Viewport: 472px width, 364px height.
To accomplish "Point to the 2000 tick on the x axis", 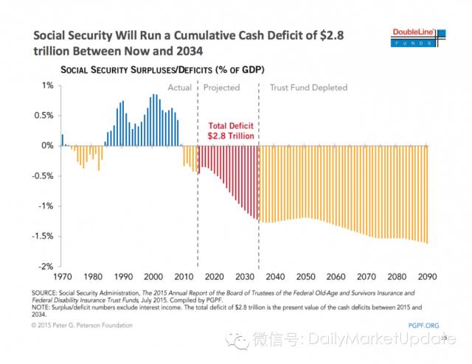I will click(153, 276).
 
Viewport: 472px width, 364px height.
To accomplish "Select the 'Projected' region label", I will click(221, 88).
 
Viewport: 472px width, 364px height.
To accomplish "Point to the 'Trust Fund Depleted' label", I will click(308, 88).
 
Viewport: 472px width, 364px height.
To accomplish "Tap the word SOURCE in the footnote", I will click(46, 292).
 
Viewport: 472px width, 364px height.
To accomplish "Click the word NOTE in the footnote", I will click(43, 307).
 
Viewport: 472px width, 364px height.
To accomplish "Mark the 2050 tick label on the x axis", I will click(305, 276).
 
